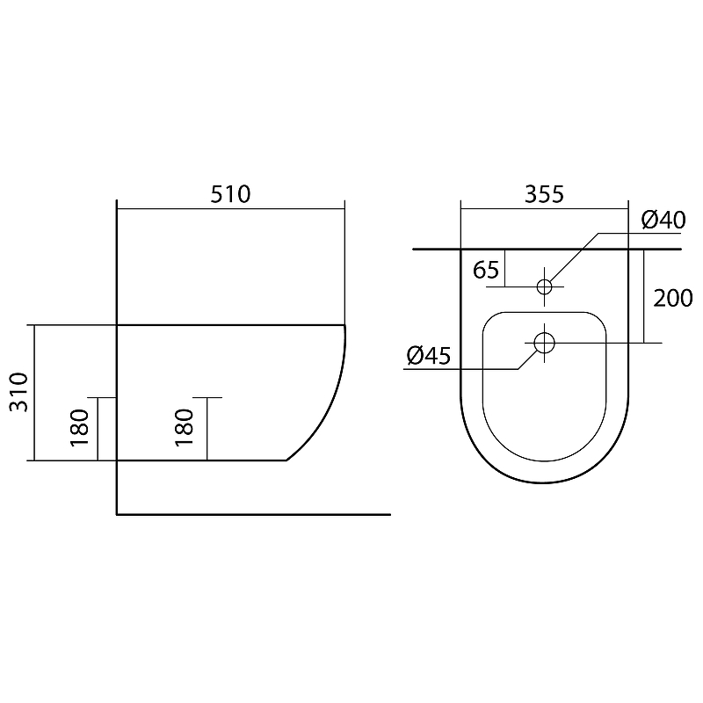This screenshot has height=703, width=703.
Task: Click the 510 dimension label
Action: point(230,194)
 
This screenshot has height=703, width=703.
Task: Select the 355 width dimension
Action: point(544,194)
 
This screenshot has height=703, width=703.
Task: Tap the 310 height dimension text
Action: point(19,392)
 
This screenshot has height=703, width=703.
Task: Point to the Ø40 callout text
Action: point(663,220)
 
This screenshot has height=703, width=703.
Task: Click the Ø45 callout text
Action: point(429,356)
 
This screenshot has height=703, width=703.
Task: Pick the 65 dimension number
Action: point(486,270)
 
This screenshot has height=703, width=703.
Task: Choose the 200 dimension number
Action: point(673,299)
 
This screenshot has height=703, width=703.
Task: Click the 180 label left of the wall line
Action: point(80,428)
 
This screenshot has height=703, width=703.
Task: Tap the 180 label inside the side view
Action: point(185,428)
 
